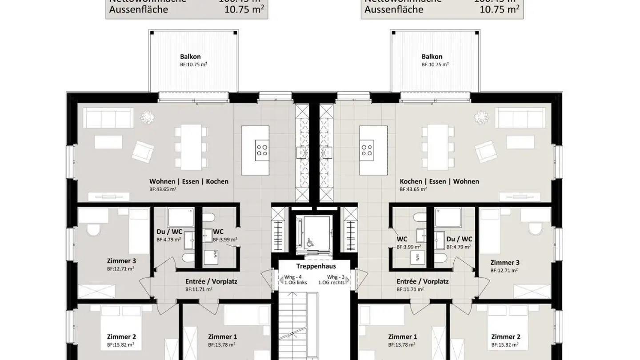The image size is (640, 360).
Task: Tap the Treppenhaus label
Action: click(x=316, y=266)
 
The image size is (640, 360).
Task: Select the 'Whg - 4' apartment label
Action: click(x=293, y=276)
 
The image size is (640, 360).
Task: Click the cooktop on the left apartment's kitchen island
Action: click(x=262, y=150)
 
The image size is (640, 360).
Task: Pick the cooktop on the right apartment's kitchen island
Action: click(x=367, y=150)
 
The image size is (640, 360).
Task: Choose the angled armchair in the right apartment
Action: click(x=485, y=152)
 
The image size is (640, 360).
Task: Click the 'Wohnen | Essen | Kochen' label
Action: click(x=189, y=181)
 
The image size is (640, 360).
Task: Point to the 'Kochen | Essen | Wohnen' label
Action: click(x=439, y=181)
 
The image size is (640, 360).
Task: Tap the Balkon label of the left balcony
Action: click(x=190, y=56)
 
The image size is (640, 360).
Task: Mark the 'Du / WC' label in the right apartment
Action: click(x=459, y=239)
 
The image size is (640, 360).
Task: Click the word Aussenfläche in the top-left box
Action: click(x=139, y=9)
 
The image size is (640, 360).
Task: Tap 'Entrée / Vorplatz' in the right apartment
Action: click(x=423, y=281)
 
